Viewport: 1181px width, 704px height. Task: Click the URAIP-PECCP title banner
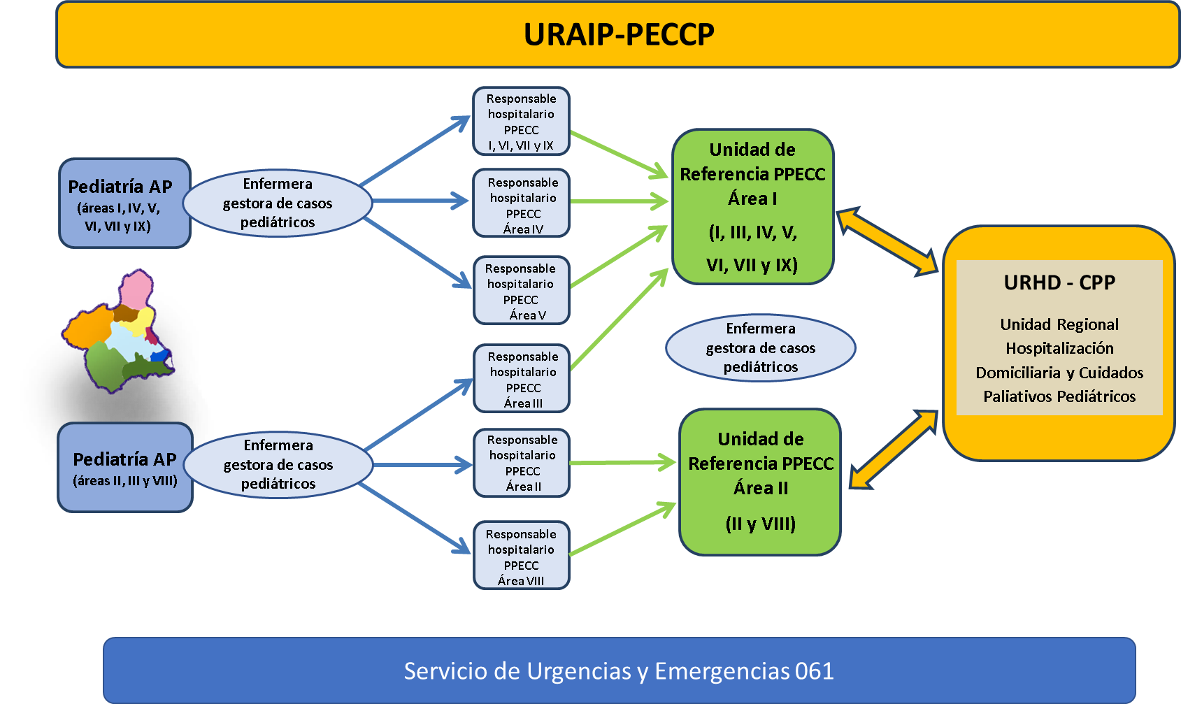618,34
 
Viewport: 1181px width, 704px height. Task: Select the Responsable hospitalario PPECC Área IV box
522,203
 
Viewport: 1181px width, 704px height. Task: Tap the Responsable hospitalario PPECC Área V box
521,291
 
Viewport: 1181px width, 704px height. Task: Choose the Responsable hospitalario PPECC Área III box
522,378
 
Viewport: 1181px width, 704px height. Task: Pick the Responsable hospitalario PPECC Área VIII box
521,556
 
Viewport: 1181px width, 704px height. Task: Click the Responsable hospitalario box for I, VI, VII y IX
521,121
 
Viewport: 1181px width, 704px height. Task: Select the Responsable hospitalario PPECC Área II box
522,463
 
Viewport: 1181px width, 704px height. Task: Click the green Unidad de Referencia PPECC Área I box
752,206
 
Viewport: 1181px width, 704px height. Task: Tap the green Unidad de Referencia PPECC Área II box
760,482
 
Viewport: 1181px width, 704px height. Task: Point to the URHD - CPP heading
1059,282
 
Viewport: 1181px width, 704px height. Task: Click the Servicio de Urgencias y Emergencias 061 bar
619,670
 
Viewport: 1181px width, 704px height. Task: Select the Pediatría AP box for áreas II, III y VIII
124,467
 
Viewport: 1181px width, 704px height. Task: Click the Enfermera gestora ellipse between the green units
760,347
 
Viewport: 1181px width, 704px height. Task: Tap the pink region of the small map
136,288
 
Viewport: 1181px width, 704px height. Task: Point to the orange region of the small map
88,329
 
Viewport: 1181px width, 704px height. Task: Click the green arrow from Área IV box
619,201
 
